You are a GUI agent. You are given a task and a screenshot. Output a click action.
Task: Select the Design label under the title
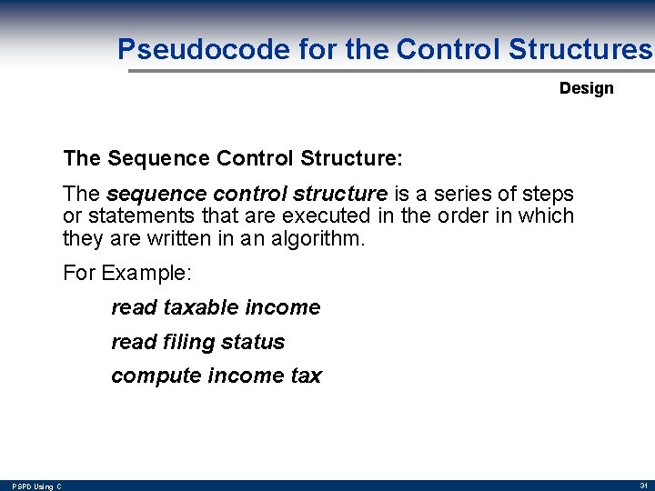[x=586, y=88]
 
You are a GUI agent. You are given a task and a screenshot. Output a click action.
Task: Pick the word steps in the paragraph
[x=546, y=194]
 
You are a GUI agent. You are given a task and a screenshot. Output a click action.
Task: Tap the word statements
[x=136, y=216]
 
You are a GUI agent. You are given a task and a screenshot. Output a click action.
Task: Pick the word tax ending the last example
[x=306, y=376]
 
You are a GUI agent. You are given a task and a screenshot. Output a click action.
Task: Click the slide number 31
[x=642, y=486]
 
